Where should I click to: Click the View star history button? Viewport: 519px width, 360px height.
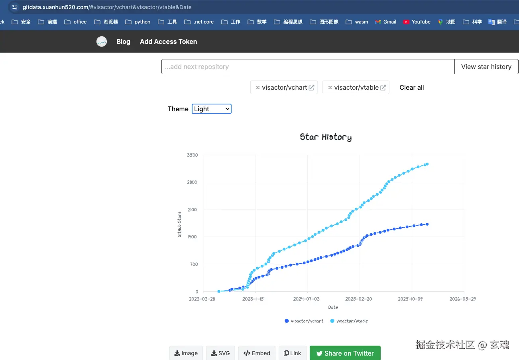tap(486, 67)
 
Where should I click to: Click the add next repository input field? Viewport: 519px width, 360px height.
tap(308, 67)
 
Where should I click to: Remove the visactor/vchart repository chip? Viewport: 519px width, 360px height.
tap(258, 88)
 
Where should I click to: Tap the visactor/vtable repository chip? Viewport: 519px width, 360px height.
tap(356, 88)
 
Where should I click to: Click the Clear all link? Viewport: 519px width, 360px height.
tap(411, 88)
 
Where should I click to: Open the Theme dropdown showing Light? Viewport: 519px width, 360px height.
tap(211, 109)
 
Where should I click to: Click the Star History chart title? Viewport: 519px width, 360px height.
tap(326, 137)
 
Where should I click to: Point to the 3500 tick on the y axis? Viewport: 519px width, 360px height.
tap(192, 155)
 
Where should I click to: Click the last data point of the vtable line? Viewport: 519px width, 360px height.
tap(427, 164)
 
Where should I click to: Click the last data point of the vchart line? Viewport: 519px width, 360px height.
tap(427, 224)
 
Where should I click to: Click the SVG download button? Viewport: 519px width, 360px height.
tap(220, 353)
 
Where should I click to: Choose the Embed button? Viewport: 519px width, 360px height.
tap(257, 353)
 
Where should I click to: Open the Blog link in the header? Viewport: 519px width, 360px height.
tap(123, 41)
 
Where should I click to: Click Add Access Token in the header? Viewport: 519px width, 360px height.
tap(168, 41)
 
